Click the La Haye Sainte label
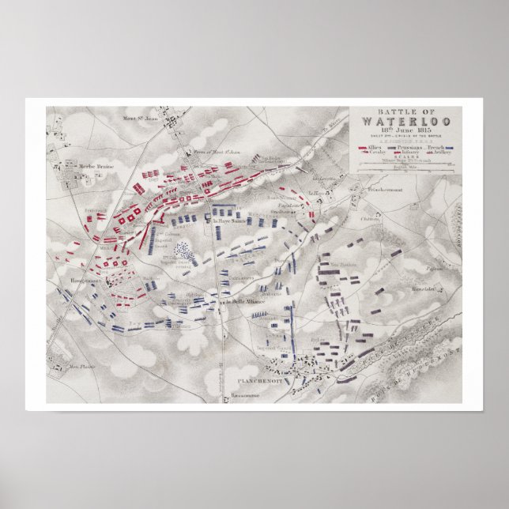228,221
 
